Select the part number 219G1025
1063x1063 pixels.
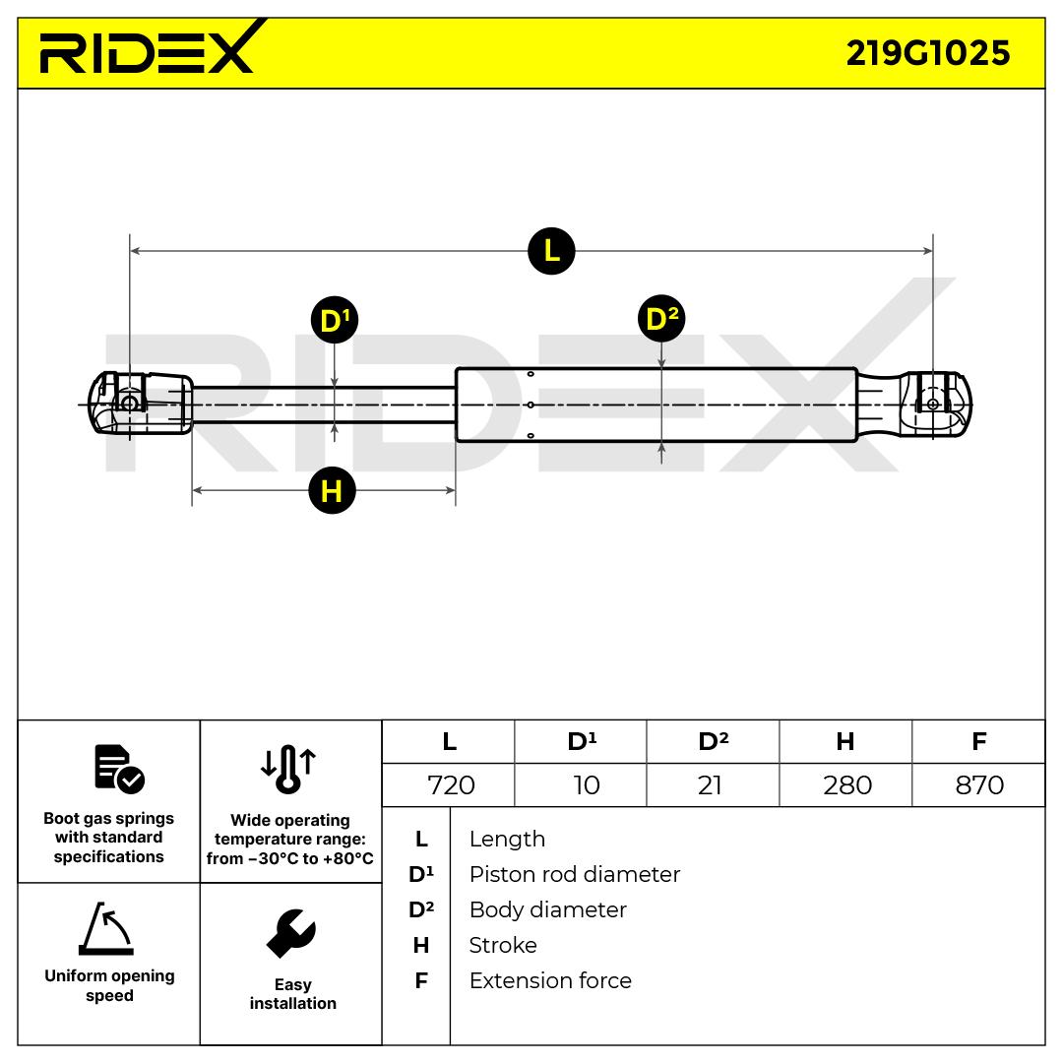(x=927, y=53)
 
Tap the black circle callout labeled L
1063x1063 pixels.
(x=551, y=251)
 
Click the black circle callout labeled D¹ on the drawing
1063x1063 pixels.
(x=335, y=321)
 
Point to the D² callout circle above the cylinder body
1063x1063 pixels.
(x=660, y=318)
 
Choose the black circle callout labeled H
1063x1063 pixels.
(x=332, y=490)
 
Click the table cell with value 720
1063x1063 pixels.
(x=451, y=785)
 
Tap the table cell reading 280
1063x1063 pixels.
(x=846, y=785)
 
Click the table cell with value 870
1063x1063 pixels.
(x=979, y=785)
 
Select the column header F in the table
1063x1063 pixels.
(x=978, y=741)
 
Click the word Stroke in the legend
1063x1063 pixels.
(x=503, y=945)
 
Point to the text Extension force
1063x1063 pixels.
(x=550, y=980)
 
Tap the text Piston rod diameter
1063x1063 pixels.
(x=574, y=874)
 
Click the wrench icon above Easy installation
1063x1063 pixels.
(x=291, y=934)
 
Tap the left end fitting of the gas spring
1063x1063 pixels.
(x=138, y=403)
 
